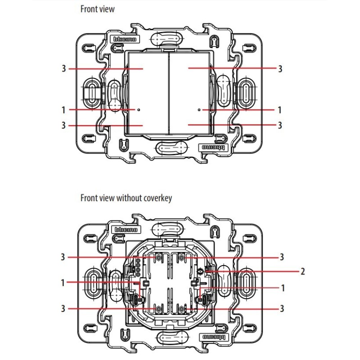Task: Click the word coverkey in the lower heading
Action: pos(157,198)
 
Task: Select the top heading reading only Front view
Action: pos(97,9)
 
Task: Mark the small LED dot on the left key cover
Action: pos(139,109)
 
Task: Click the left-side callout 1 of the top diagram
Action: pos(64,109)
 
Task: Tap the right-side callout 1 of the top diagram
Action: pos(279,109)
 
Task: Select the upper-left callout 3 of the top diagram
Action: pos(64,69)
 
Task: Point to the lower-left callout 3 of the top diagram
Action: pos(64,125)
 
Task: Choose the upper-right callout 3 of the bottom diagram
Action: pos(282,257)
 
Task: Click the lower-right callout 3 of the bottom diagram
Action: pos(282,308)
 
